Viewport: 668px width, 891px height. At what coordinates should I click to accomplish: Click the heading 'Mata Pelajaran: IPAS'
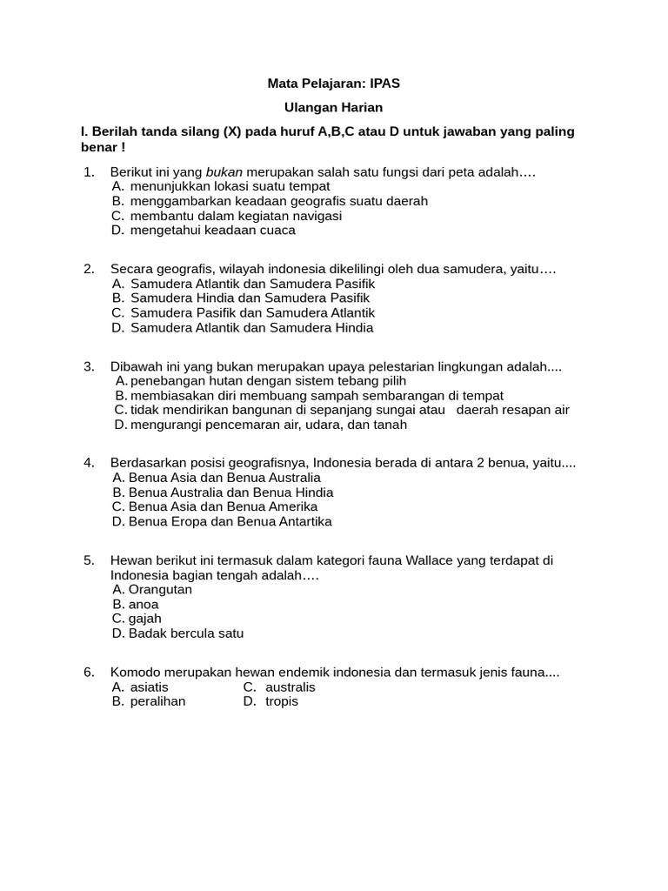[x=333, y=84]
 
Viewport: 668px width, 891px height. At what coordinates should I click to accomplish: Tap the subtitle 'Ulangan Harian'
[x=333, y=108]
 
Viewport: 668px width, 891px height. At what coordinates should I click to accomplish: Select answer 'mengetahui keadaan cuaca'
[x=212, y=231]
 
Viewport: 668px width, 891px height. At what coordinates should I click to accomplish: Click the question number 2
[x=89, y=269]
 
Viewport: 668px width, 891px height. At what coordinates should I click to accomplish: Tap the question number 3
[x=89, y=366]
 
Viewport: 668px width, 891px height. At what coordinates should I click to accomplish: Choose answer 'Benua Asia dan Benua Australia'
[x=224, y=478]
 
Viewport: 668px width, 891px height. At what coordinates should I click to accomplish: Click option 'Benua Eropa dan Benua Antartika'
[x=230, y=522]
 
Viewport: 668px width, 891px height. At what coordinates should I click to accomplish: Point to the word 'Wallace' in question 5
[x=377, y=560]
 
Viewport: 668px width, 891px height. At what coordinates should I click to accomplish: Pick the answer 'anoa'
[x=144, y=605]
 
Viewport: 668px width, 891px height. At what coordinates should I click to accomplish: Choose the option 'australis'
[x=290, y=687]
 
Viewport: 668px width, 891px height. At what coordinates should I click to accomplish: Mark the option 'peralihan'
[x=157, y=702]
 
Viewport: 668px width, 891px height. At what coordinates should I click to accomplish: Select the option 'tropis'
[x=281, y=702]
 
